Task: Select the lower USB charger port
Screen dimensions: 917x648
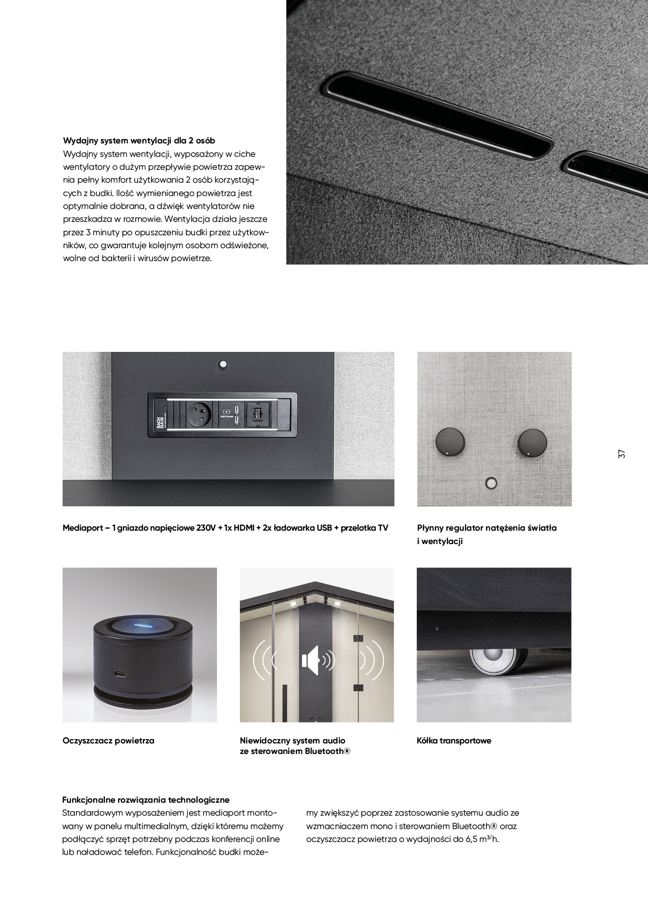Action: tap(236, 419)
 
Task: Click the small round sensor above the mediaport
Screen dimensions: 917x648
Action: tap(222, 364)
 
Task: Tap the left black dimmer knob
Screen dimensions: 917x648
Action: tap(449, 441)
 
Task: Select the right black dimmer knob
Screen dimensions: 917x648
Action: tap(533, 441)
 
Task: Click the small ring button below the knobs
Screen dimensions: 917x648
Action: tap(491, 483)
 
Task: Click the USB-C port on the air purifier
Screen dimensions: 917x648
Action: tap(120, 675)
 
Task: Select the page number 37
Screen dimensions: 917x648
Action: tap(621, 454)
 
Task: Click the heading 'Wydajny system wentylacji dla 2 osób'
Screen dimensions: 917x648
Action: tap(139, 141)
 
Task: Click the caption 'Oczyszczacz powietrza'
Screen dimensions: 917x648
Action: tap(108, 741)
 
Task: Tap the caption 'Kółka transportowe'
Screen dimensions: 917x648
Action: tap(454, 741)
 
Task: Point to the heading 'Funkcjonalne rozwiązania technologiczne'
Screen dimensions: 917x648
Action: tap(146, 800)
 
